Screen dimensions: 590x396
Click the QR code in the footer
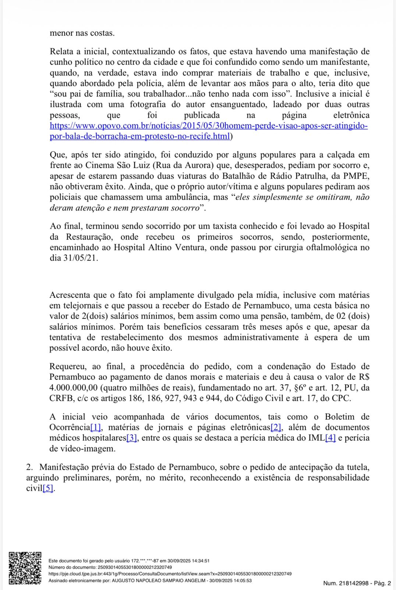[25, 568]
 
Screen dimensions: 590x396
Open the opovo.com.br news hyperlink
[209, 126]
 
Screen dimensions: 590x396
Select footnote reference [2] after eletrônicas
[276, 427]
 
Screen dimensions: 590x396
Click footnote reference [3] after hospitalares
[132, 438]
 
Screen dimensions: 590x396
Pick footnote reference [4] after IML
[330, 438]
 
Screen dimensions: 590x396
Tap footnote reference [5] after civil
[48, 489]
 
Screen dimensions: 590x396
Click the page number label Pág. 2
[383, 583]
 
